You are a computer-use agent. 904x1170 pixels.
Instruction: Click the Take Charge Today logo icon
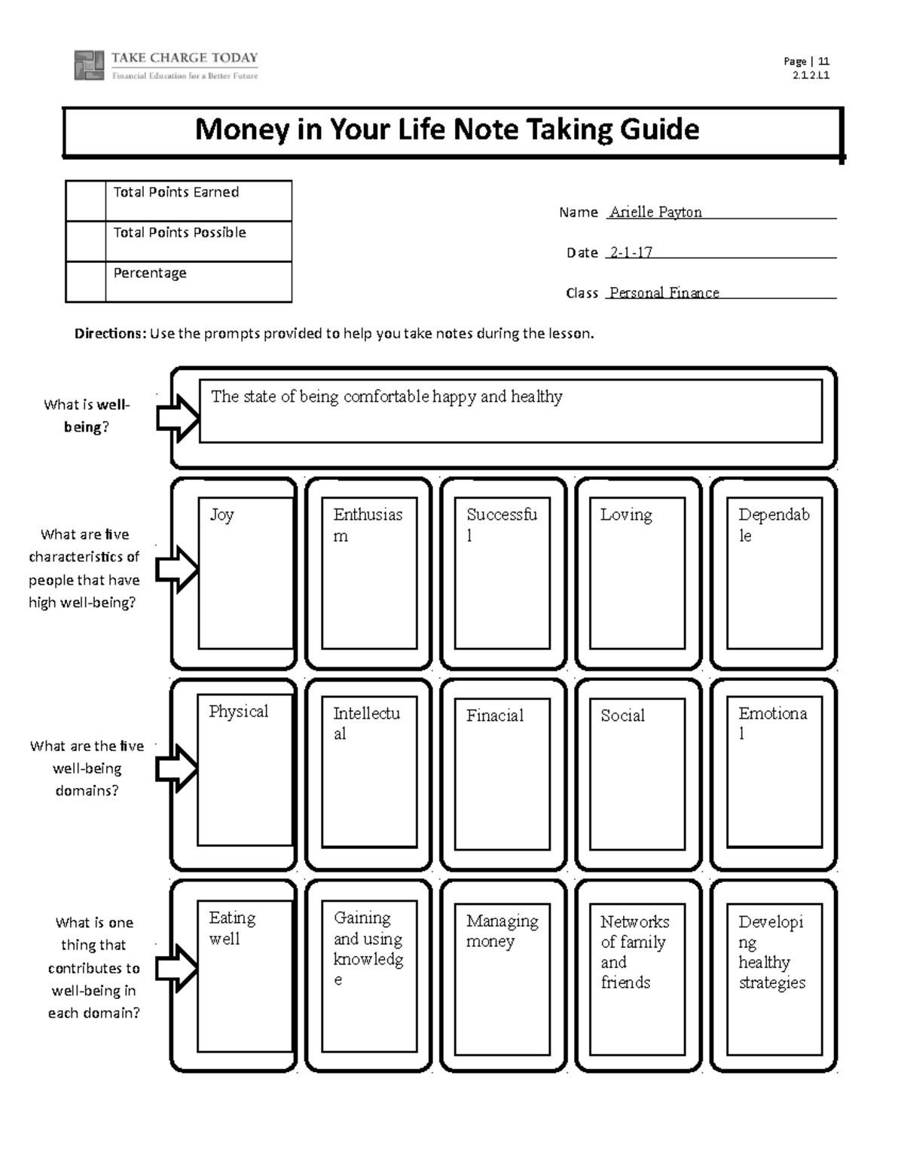pyautogui.click(x=88, y=66)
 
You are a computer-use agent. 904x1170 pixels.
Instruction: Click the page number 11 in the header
pyautogui.click(x=823, y=62)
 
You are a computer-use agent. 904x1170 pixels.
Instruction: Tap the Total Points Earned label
pyautogui.click(x=176, y=192)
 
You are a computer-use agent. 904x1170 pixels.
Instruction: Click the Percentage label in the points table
pyautogui.click(x=150, y=273)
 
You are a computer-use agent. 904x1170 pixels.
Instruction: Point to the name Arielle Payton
pyautogui.click(x=655, y=212)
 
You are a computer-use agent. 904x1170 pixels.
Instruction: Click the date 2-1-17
pyautogui.click(x=631, y=252)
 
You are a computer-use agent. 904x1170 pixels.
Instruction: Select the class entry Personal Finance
pyautogui.click(x=664, y=292)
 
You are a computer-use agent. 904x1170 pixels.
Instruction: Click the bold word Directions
pyautogui.click(x=109, y=334)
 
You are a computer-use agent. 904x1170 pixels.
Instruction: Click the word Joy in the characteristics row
pyautogui.click(x=221, y=515)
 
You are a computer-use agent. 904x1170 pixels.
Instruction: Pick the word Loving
pyautogui.click(x=626, y=515)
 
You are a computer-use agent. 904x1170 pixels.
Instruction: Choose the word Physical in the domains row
pyautogui.click(x=238, y=711)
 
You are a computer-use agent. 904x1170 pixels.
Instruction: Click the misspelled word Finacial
pyautogui.click(x=494, y=715)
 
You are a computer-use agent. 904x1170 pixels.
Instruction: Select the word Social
pyautogui.click(x=622, y=715)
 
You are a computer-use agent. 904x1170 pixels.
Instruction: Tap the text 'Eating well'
pyautogui.click(x=232, y=928)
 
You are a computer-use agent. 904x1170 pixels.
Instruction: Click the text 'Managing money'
pyautogui.click(x=502, y=930)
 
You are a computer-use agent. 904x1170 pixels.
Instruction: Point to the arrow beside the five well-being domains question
pyautogui.click(x=177, y=768)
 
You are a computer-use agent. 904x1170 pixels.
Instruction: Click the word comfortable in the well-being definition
pyautogui.click(x=386, y=396)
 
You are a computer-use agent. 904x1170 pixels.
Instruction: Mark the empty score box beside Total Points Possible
pyautogui.click(x=85, y=241)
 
